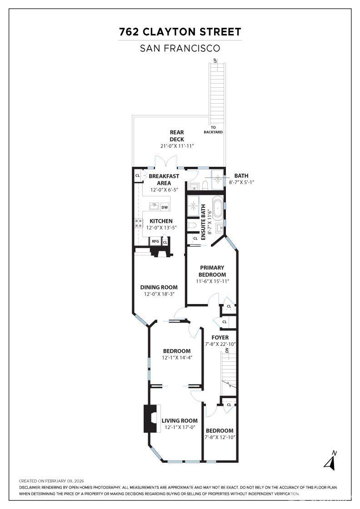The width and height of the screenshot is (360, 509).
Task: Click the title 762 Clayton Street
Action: click(180, 32)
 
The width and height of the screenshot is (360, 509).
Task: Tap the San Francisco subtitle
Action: click(180, 48)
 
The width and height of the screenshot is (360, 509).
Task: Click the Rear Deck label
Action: click(177, 136)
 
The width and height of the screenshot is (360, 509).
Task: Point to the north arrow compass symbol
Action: click(330, 460)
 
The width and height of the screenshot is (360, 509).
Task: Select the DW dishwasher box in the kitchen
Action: click(165, 207)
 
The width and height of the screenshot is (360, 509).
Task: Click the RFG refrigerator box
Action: click(155, 241)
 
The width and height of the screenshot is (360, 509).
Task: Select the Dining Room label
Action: click(159, 287)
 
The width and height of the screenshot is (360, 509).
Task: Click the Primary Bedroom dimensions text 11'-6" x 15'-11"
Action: click(213, 281)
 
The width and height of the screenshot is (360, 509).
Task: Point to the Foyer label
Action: click(220, 338)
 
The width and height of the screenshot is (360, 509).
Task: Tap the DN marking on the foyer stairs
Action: click(227, 350)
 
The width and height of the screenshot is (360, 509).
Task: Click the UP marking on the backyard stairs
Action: click(215, 60)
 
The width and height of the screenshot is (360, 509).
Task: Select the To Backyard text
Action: click(213, 130)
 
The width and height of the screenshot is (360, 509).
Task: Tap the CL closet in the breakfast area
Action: click(138, 175)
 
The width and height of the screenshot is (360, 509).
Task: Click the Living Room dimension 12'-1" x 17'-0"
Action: click(180, 427)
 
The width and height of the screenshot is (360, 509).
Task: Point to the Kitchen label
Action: click(161, 221)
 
